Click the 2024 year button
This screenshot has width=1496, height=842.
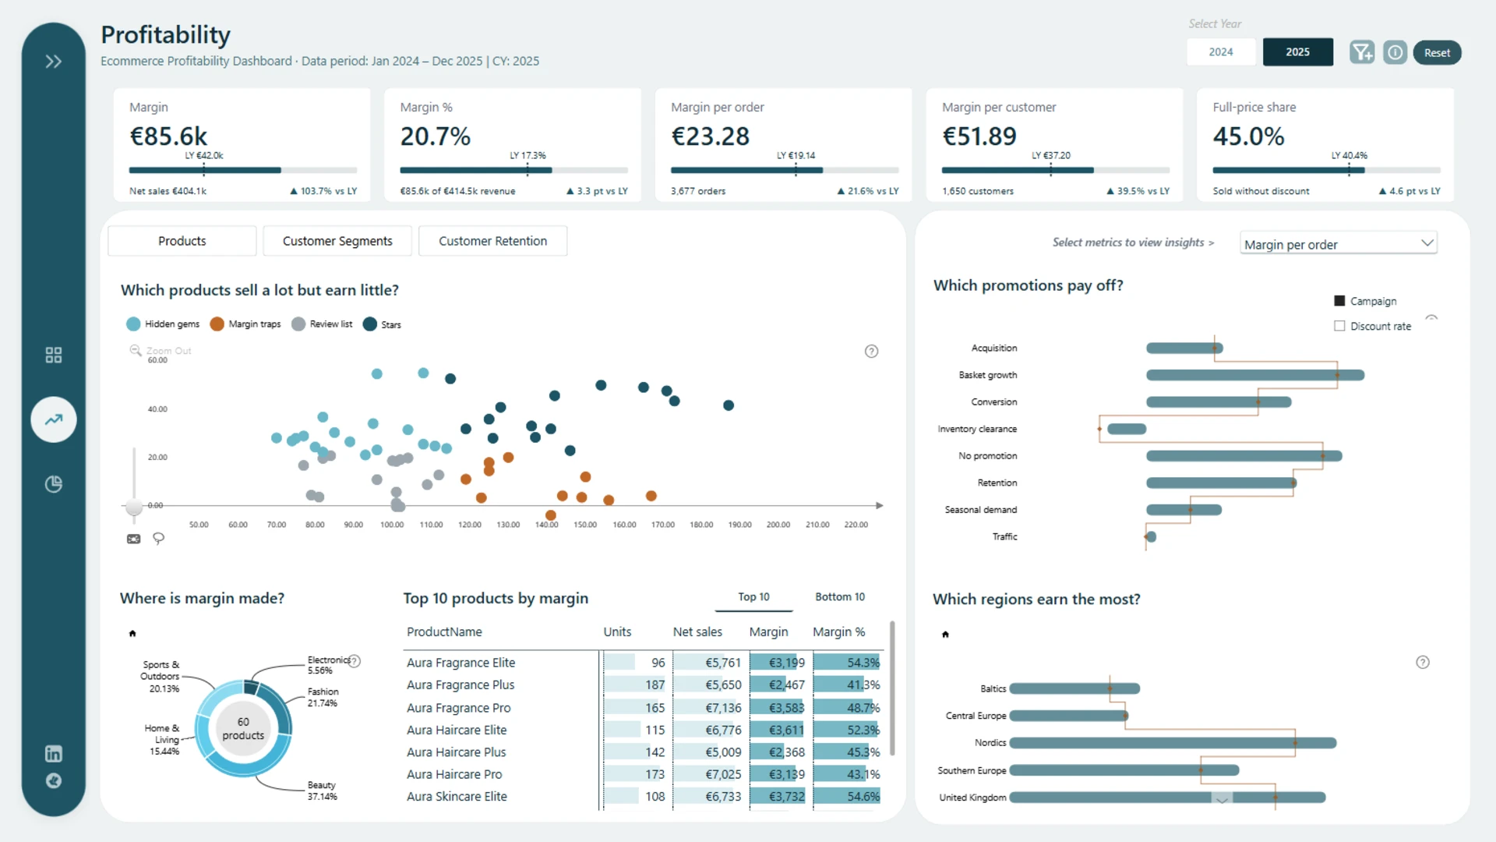point(1221,52)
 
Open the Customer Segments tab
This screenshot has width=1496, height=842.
point(337,241)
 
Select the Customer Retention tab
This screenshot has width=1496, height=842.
point(492,241)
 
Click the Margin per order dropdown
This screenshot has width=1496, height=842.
point(1339,244)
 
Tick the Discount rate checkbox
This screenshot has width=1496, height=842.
point(1339,326)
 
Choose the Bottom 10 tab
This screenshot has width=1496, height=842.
point(840,597)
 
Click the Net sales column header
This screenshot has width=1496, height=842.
point(697,631)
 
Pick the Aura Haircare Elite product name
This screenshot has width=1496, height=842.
point(457,730)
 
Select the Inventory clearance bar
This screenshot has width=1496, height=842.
point(1127,429)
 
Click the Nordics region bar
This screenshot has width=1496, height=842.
point(1173,743)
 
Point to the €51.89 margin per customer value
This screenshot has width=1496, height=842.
point(979,136)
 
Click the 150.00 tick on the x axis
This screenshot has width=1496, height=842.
point(585,525)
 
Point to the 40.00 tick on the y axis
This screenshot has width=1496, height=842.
point(157,409)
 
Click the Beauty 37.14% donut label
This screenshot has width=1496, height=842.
point(322,791)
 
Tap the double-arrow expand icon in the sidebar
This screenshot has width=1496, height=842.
point(53,62)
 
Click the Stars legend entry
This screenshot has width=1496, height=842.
point(382,324)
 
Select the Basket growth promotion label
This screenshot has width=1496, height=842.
point(988,375)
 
